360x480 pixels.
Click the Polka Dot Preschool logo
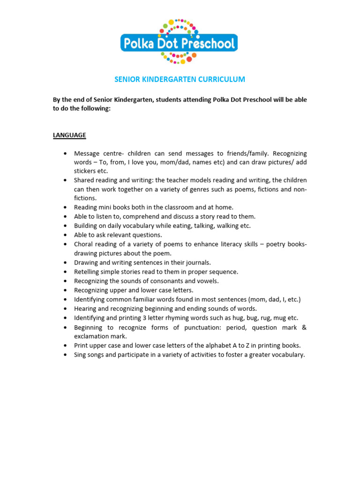point(179,42)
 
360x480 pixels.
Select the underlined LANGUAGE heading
point(69,135)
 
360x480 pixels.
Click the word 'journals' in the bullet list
point(196,262)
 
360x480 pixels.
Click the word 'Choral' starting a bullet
point(83,244)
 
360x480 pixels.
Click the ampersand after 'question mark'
point(304,327)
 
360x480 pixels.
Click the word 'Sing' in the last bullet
point(81,355)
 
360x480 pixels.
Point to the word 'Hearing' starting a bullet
point(85,308)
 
